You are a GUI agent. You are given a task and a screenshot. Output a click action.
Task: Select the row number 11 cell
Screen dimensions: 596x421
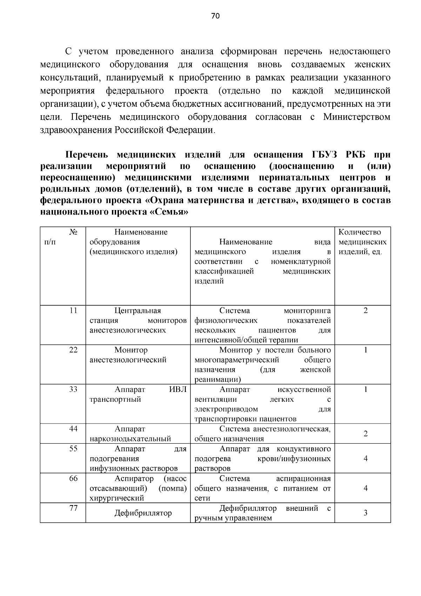point(73,310)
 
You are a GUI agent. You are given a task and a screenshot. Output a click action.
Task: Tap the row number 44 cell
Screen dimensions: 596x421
point(73,428)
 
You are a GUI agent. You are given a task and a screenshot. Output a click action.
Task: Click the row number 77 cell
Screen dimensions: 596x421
point(73,508)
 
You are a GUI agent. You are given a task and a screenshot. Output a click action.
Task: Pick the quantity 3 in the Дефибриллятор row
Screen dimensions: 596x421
point(366,513)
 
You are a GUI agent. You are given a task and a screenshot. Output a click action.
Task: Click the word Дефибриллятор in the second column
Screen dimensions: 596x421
point(143,513)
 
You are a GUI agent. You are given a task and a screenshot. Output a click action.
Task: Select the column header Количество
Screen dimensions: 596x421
point(360,232)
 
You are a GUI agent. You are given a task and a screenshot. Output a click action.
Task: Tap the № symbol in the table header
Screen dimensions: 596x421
point(73,232)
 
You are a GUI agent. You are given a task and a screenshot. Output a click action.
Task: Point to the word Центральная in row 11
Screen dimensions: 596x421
point(138,310)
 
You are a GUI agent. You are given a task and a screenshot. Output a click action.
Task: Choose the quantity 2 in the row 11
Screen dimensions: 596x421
point(366,310)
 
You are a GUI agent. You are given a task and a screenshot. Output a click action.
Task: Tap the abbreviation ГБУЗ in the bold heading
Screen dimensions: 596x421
point(325,155)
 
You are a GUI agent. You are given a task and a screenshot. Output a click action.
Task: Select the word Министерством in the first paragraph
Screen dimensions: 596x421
point(356,117)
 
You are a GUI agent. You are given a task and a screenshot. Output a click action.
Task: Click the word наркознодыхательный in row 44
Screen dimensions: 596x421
point(130,439)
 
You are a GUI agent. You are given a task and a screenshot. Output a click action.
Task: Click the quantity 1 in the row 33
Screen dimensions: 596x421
point(366,389)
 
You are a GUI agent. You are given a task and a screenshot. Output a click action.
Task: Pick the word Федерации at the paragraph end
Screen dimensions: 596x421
point(189,130)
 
